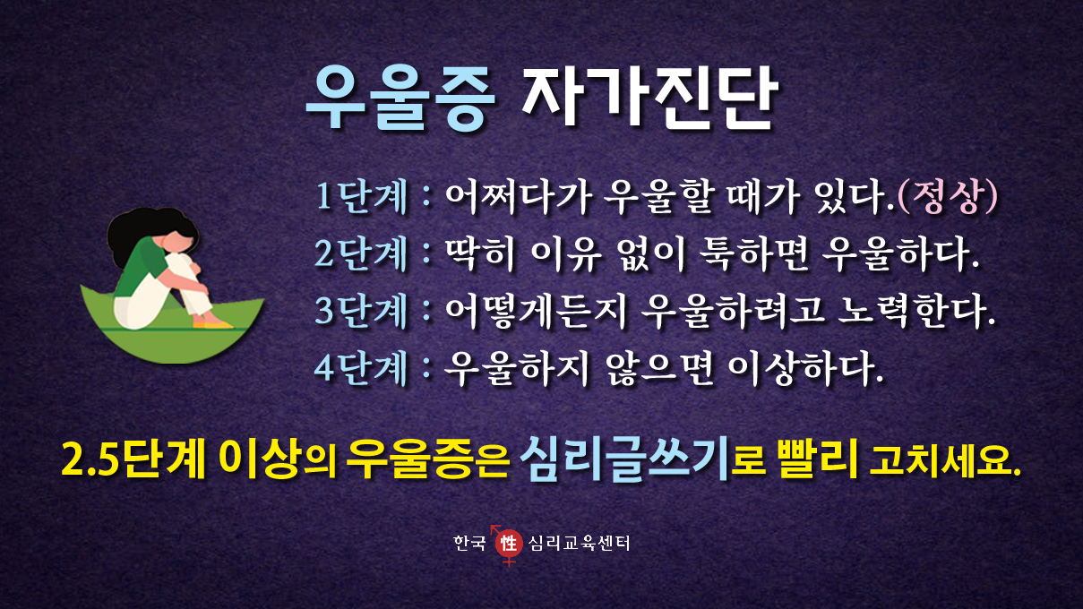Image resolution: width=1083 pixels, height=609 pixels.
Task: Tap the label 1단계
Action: click(361, 198)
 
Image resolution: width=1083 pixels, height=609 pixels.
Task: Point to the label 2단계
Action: click(361, 254)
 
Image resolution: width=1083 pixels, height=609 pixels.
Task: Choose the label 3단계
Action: click(361, 310)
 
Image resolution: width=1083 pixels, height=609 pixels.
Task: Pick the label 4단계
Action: click(361, 368)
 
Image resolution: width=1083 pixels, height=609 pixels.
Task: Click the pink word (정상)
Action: click(948, 197)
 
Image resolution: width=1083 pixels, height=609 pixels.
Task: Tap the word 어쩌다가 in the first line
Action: click(519, 197)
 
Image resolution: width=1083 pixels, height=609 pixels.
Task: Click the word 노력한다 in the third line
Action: click(916, 310)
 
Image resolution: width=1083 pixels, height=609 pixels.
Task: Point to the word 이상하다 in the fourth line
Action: click(805, 368)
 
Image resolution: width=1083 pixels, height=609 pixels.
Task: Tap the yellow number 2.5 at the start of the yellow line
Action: click(90, 459)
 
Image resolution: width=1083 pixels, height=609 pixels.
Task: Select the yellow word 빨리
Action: click(818, 458)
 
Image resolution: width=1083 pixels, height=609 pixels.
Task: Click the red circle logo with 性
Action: click(509, 544)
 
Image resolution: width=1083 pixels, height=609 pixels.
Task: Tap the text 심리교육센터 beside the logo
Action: click(580, 544)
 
